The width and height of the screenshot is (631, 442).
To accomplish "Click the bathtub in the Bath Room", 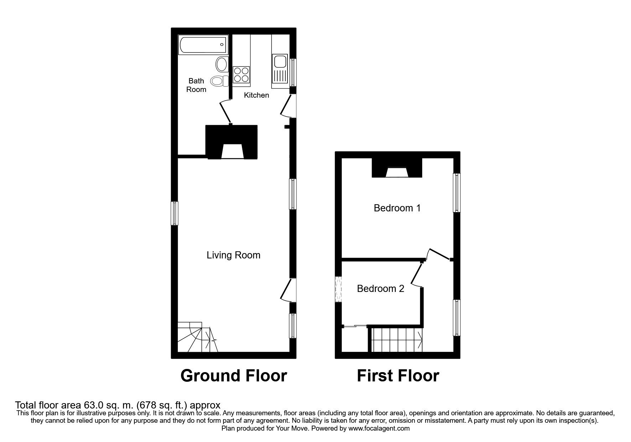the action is tap(203, 45).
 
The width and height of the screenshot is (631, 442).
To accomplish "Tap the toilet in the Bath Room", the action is tap(219, 81).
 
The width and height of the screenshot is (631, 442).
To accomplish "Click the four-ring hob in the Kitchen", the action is tap(241, 75).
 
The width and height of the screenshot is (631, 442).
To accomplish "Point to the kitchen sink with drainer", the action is tap(280, 71).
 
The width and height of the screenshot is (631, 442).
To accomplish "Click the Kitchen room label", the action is tap(257, 95).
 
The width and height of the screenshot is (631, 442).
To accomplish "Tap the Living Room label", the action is tap(233, 255).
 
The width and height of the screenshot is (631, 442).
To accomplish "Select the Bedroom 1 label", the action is tap(397, 208).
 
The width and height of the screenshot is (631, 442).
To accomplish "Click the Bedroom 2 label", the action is tap(381, 288).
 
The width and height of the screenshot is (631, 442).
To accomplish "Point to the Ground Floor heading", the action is tap(234, 376).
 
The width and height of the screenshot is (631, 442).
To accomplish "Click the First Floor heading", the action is tap(398, 376).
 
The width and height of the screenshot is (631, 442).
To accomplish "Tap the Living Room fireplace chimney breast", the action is tap(232, 142).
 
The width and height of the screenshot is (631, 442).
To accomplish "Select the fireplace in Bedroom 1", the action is tap(397, 168).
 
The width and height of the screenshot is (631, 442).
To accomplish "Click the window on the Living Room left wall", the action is tap(175, 213).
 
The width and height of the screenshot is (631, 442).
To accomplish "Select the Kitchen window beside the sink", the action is tap(293, 72).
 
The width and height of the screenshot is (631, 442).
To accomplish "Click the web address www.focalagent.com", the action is tap(379, 428).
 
